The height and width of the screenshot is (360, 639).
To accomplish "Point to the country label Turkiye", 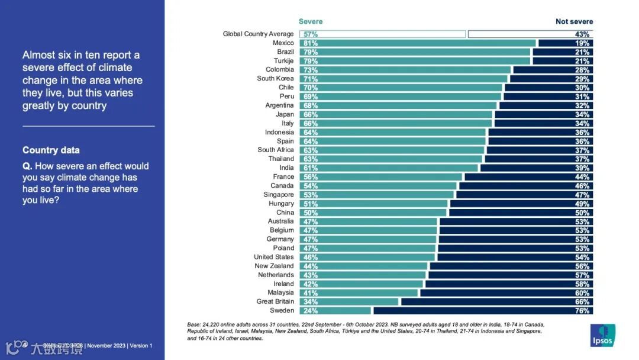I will coord(283,61).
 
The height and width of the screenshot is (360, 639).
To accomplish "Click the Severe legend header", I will coord(311,21).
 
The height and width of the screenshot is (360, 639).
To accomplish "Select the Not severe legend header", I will coord(574,21).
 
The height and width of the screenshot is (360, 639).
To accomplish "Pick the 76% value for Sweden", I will coord(583,310).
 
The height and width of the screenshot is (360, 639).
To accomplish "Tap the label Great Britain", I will coord(275,301).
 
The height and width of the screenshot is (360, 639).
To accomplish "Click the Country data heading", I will coord(51,150).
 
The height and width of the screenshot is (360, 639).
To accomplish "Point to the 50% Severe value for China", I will coord(311,213).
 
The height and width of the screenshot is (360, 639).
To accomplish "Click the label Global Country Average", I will coord(258,34).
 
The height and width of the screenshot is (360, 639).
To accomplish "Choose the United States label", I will coord(273,257).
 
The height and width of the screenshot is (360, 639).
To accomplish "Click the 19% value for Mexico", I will coord(583,43).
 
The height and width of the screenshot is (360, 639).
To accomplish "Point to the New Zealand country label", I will coord(274,266).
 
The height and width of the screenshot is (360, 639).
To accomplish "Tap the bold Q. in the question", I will coord(27,166).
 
